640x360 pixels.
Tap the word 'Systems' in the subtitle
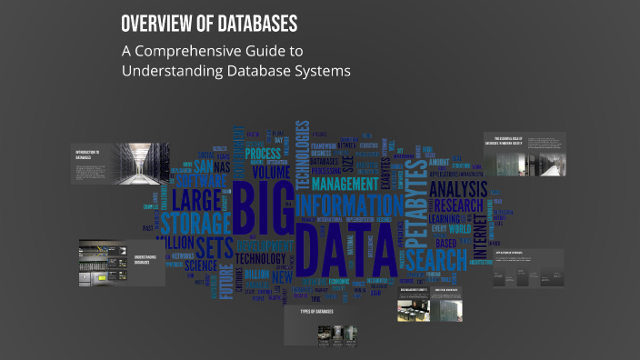click(317, 71)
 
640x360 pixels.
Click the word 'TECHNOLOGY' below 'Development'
click(260, 259)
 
